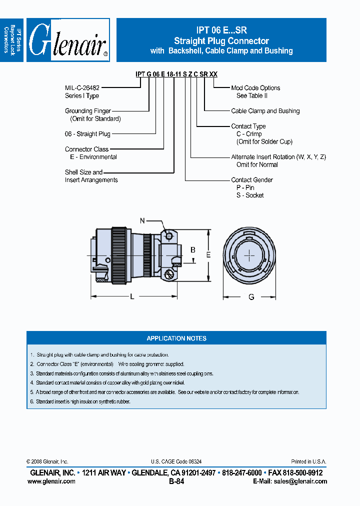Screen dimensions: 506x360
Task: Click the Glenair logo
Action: [68, 40]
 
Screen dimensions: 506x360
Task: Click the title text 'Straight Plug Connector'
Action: [221, 41]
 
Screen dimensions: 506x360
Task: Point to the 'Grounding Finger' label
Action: [88, 111]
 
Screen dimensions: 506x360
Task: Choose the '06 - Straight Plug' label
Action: [87, 134]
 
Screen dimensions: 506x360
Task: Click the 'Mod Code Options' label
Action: [255, 88]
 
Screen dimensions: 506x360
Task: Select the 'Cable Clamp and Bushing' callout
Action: [265, 111]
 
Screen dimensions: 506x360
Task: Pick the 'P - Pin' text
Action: [245, 187]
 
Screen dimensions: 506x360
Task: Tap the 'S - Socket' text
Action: [250, 195]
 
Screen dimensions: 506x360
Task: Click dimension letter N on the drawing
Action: [142, 220]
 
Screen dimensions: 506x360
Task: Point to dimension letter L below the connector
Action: [132, 297]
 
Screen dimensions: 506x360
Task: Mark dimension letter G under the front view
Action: [251, 297]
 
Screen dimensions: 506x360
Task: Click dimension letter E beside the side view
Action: [208, 254]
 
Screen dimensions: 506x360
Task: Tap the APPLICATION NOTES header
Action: [176, 338]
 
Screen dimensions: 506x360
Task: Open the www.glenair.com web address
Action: [51, 481]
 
